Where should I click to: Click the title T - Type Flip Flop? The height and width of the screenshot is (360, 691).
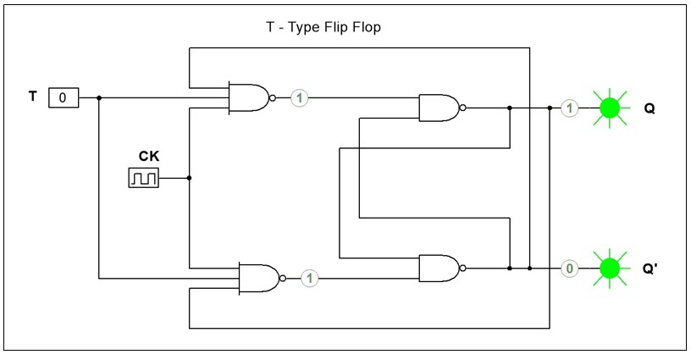pyautogui.click(x=323, y=27)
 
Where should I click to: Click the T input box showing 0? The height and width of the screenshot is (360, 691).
pyautogui.click(x=63, y=98)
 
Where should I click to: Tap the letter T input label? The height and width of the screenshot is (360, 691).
pyautogui.click(x=33, y=97)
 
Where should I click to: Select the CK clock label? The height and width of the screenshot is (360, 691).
pyautogui.click(x=149, y=156)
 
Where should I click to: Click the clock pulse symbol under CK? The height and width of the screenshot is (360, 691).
pyautogui.click(x=143, y=178)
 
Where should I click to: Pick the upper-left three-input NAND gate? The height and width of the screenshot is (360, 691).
pyautogui.click(x=249, y=98)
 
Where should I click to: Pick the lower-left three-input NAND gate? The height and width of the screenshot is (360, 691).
pyautogui.click(x=259, y=277)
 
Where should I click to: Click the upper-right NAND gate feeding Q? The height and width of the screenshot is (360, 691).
pyautogui.click(x=439, y=108)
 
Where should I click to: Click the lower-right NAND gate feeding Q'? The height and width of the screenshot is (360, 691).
pyautogui.click(x=439, y=268)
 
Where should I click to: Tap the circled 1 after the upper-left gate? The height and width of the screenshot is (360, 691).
pyautogui.click(x=299, y=98)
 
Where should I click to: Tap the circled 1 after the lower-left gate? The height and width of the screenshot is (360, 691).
pyautogui.click(x=309, y=277)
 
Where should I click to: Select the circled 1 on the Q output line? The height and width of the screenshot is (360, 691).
pyautogui.click(x=570, y=108)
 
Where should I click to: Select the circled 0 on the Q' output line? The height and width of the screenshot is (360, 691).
pyautogui.click(x=570, y=268)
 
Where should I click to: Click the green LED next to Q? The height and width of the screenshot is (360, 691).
pyautogui.click(x=610, y=108)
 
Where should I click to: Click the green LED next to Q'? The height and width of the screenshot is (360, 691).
pyautogui.click(x=610, y=268)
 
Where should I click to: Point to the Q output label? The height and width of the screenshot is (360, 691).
pyautogui.click(x=650, y=108)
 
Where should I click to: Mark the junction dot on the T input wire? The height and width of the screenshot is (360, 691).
pyautogui.click(x=99, y=98)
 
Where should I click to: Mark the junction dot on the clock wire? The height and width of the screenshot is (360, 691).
pyautogui.click(x=189, y=178)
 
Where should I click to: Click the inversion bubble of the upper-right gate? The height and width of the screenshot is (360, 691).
pyautogui.click(x=462, y=108)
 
